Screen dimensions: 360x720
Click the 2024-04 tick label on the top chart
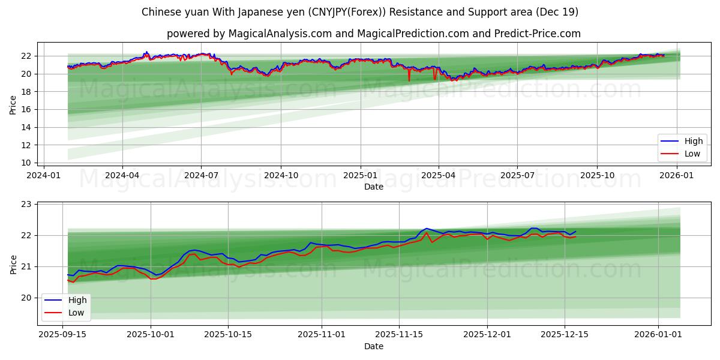point(122,175)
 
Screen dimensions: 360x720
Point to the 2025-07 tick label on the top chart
point(517,175)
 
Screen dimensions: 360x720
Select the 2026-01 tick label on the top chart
point(677,175)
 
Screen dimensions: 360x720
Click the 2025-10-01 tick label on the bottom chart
point(151,334)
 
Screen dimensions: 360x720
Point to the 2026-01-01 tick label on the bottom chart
point(658,334)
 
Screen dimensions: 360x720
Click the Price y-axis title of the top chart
point(13,105)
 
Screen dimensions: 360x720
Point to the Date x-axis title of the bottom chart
point(373,346)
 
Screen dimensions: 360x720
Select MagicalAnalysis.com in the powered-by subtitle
point(280,34)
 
